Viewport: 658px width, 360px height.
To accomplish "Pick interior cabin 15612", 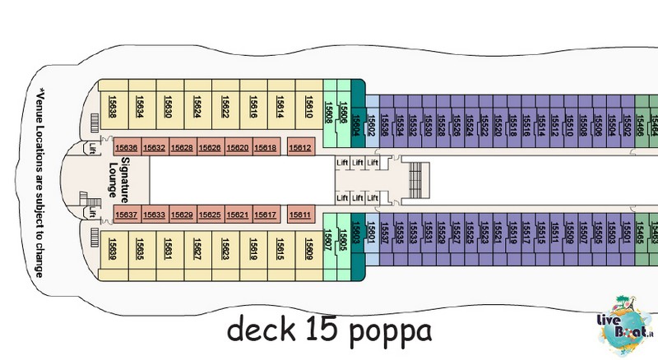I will (300, 148).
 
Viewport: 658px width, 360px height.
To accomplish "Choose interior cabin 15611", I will (300, 215).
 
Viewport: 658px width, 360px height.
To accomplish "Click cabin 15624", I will (197, 107).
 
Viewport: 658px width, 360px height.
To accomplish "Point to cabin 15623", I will (225, 247).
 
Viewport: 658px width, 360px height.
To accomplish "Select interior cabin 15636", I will (127, 148).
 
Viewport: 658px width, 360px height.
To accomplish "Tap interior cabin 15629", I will (182, 215).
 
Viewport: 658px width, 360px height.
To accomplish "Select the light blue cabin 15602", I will (371, 123).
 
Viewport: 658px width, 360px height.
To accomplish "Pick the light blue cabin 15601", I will (371, 234).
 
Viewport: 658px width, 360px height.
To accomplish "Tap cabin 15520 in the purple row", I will (498, 123).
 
